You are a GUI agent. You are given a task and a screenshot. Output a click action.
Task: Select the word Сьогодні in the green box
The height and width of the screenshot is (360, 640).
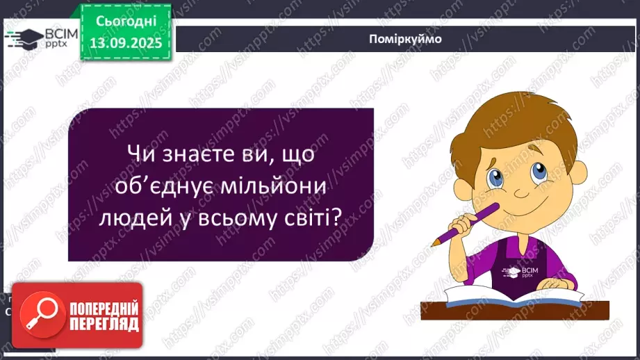(127, 22)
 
